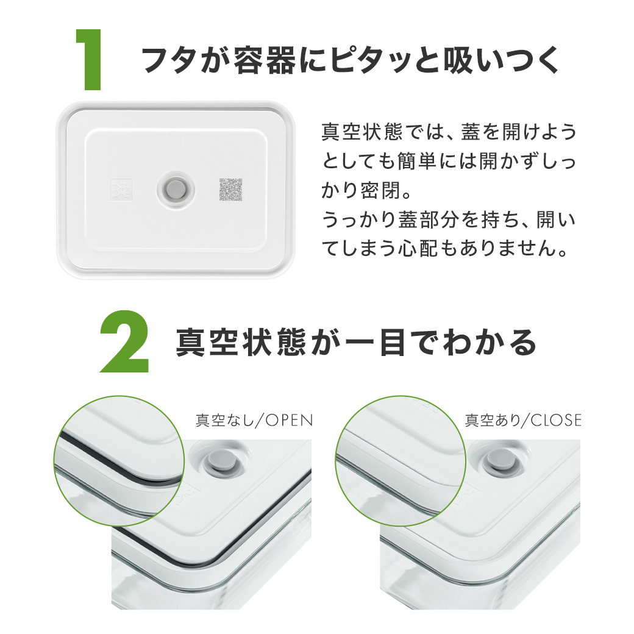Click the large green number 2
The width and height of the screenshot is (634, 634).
124,343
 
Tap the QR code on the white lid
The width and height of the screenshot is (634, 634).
231,190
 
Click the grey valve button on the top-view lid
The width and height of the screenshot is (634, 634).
177,187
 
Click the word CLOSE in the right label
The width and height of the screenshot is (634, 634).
556,420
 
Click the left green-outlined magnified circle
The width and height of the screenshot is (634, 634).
119,461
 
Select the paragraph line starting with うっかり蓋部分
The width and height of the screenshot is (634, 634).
448,220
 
